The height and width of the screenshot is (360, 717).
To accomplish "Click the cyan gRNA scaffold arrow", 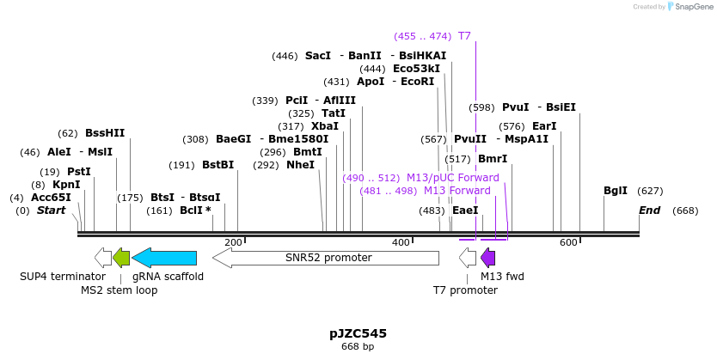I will [164, 257].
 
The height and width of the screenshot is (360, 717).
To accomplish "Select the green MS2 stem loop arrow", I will [121, 257].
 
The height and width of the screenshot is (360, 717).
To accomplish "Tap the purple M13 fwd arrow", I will [487, 257].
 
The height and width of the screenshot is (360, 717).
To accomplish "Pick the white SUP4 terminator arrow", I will [103, 257].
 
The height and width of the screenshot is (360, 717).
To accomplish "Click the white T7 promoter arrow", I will [468, 257].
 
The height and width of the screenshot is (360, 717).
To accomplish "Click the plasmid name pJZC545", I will [358, 333].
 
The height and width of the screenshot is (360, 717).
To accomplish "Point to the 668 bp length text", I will [358, 347].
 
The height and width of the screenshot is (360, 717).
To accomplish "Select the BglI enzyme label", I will [616, 191].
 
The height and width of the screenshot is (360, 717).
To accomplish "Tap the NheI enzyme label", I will [300, 165].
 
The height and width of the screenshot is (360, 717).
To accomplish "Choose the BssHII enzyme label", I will [105, 133].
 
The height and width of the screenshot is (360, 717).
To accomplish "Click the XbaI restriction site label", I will [325, 125].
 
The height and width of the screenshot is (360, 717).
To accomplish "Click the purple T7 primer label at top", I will [464, 36].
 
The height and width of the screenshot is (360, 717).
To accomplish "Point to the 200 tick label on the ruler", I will [233, 243].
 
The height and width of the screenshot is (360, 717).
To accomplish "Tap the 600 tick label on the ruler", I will [568, 243].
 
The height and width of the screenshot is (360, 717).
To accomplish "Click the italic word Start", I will [51, 211].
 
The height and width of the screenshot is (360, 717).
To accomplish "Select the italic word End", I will [649, 211].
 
